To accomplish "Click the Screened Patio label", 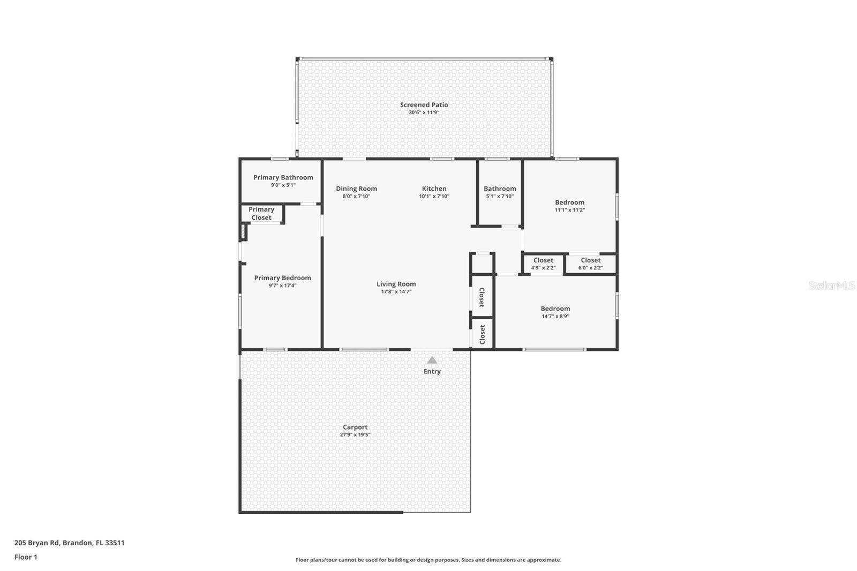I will [424, 105].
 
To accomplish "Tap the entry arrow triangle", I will [432, 360].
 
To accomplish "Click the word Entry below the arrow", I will [432, 372].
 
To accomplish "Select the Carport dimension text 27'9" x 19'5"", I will [355, 435].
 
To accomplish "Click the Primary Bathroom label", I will [283, 178].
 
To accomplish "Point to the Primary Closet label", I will [261, 214].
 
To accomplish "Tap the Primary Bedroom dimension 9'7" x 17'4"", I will [282, 285].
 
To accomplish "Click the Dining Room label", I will [356, 189].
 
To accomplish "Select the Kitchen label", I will [434, 189].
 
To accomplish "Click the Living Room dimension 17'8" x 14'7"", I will [396, 292].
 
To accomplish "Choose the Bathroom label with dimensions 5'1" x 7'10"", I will [500, 189].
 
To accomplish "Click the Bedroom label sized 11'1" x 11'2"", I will [569, 202].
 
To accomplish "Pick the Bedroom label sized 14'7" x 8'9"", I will [555, 309].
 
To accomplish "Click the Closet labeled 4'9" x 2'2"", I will [543, 260].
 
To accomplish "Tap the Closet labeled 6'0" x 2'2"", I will [590, 260].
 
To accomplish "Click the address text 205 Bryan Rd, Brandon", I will [69, 543].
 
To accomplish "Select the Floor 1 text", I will [26, 557].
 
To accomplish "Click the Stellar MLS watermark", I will [831, 286].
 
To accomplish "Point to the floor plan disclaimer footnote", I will [428, 560].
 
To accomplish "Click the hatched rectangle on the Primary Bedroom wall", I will [243, 232].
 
